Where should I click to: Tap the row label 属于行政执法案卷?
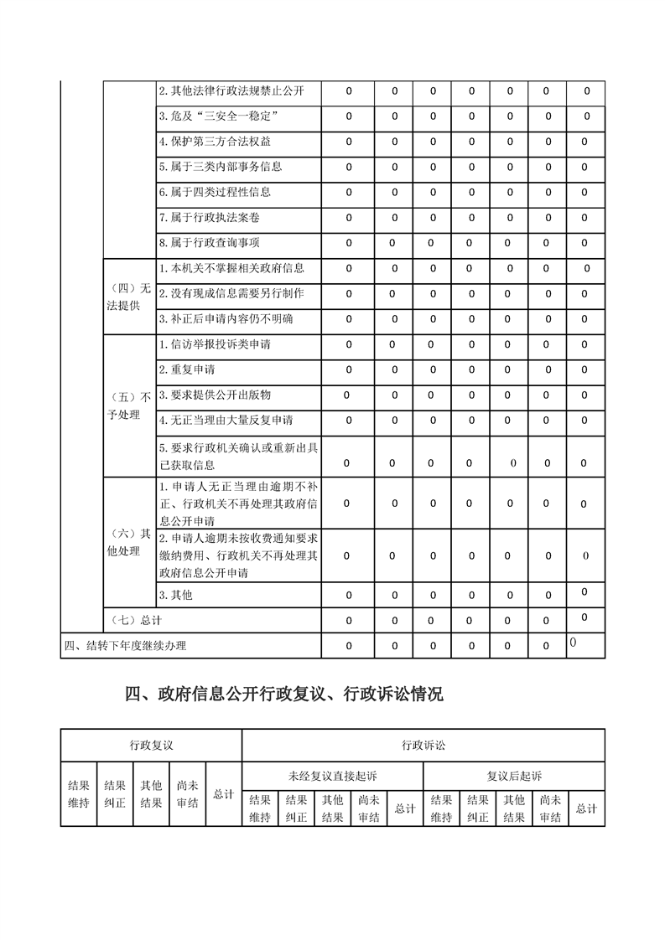point(209,218)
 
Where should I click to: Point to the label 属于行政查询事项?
point(209,243)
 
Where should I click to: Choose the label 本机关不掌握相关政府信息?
point(231,269)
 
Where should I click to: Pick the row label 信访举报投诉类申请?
point(215,344)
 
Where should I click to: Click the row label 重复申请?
point(186,369)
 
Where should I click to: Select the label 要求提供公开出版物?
point(215,395)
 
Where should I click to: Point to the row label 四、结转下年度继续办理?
point(126,645)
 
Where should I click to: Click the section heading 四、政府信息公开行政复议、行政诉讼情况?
point(283,695)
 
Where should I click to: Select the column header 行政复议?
point(151,745)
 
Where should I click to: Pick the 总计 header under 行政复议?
point(223,793)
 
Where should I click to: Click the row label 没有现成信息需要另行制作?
point(231,294)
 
